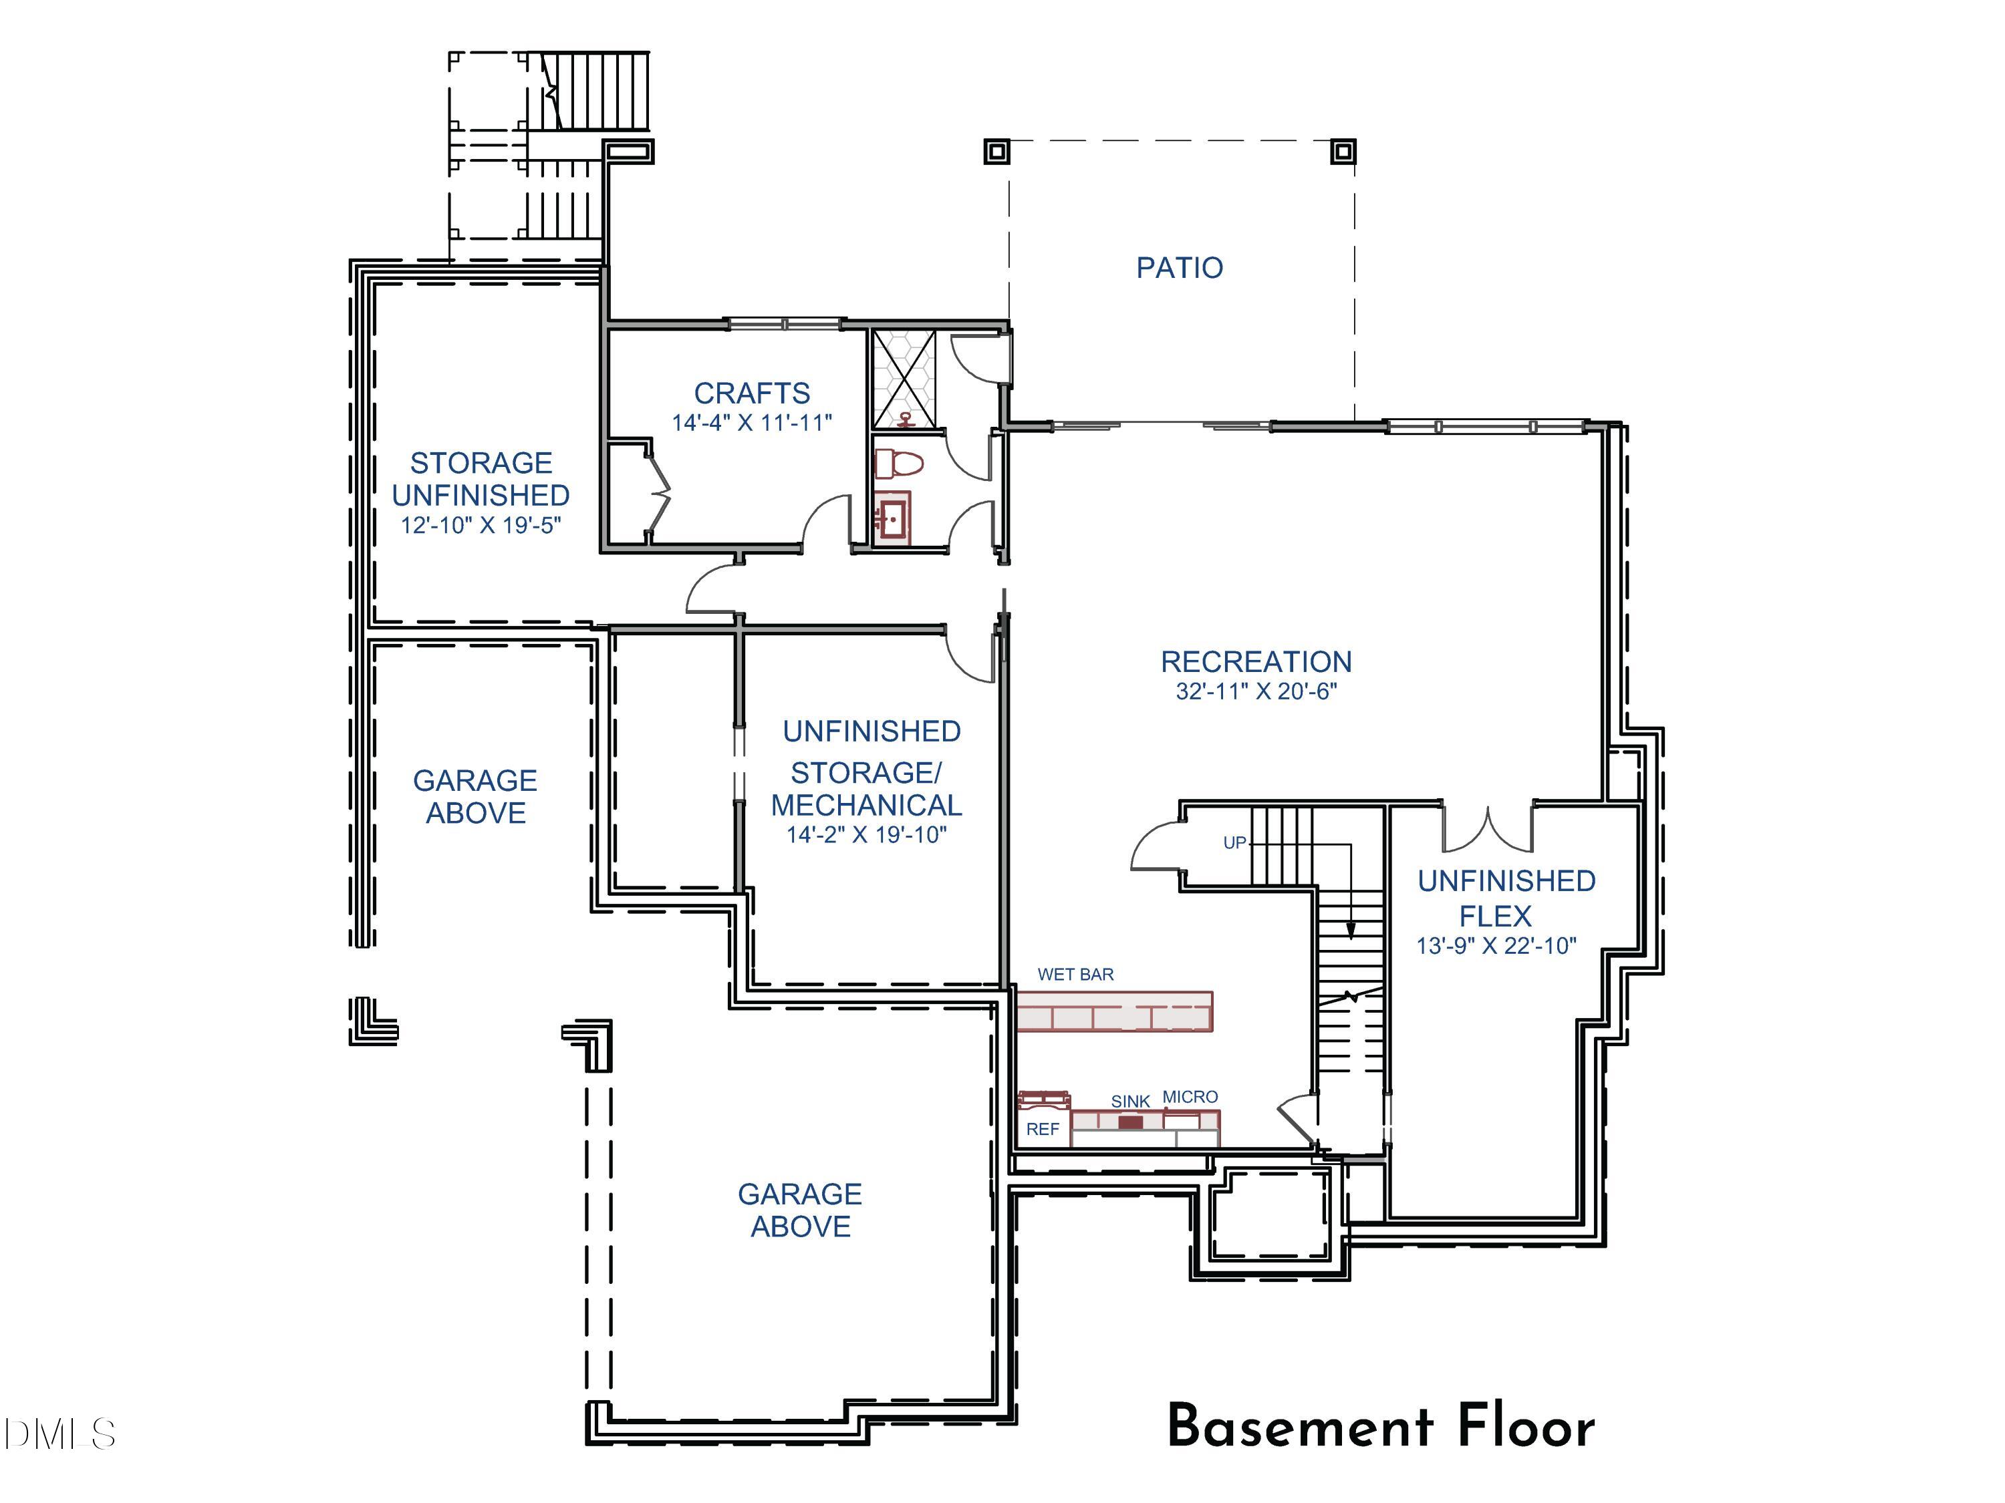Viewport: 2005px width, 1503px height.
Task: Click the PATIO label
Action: point(1179,267)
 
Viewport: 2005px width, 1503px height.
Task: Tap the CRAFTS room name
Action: point(751,393)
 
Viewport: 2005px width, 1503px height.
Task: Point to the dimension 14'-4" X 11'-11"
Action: point(751,423)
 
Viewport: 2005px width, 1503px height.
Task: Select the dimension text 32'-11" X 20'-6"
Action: point(1256,691)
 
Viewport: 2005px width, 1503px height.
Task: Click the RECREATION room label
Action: point(1256,661)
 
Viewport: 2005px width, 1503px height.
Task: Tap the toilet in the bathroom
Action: point(898,464)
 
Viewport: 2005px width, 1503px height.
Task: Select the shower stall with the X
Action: point(903,379)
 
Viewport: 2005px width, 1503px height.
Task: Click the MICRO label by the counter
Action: point(1190,1096)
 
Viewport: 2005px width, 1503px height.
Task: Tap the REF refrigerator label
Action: point(1043,1129)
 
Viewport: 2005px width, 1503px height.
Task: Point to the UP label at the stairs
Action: point(1234,842)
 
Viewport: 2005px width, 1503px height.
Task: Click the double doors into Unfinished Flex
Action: point(1488,829)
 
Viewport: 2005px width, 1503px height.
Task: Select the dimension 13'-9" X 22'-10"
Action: point(1496,946)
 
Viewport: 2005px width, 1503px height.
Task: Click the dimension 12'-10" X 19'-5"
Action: point(481,526)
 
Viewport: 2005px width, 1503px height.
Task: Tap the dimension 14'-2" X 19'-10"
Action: point(867,834)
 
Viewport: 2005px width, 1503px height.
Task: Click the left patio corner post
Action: point(997,151)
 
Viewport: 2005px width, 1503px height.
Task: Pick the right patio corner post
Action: point(1343,151)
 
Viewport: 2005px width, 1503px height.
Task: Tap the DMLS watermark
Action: point(60,1434)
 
